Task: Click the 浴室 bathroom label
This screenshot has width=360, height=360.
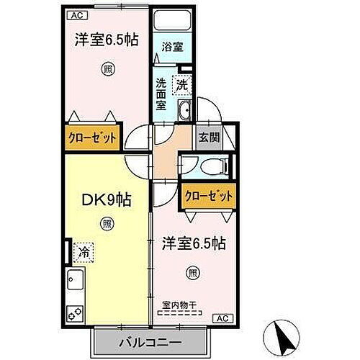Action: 171,45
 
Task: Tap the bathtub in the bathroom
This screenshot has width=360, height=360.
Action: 171,22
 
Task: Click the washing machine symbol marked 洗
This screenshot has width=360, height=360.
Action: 182,85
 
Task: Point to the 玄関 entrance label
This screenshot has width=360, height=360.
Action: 208,138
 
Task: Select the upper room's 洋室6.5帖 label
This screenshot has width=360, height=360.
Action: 107,40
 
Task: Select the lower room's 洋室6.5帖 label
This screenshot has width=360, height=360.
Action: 193,243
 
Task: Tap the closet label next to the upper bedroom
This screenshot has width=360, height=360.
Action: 91,138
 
